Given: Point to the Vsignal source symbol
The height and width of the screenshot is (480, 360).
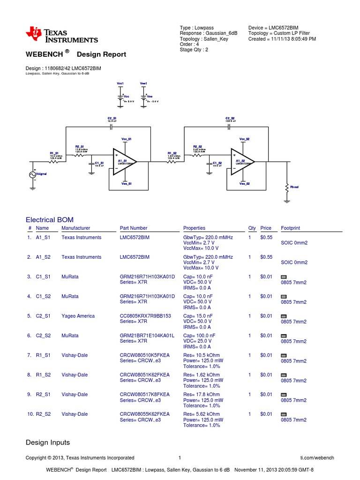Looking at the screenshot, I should coord(34,174).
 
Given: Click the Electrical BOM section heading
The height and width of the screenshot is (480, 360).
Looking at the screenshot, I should coord(49,219).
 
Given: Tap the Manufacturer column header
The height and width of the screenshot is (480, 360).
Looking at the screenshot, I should coord(75,228).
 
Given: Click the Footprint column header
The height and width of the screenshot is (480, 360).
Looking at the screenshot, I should coord(290,228).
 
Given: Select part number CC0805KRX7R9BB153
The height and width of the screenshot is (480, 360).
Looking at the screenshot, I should coord(145,316).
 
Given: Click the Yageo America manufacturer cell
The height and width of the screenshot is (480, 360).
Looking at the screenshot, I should coord(78,316).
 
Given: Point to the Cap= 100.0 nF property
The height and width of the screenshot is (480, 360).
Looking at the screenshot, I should coord(199,336).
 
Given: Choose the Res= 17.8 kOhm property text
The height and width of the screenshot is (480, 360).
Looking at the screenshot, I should coord(202,395).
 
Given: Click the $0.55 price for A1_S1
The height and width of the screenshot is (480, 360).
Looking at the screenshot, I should coord(266,238).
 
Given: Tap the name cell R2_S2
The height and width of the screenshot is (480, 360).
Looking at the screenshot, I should coord(43,414).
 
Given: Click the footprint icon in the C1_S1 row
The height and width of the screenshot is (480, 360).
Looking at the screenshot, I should coord(283,277).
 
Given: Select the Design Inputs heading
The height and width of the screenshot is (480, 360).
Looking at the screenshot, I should coord(47,442).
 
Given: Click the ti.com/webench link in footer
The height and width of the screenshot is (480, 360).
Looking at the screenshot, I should coord(317,458).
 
